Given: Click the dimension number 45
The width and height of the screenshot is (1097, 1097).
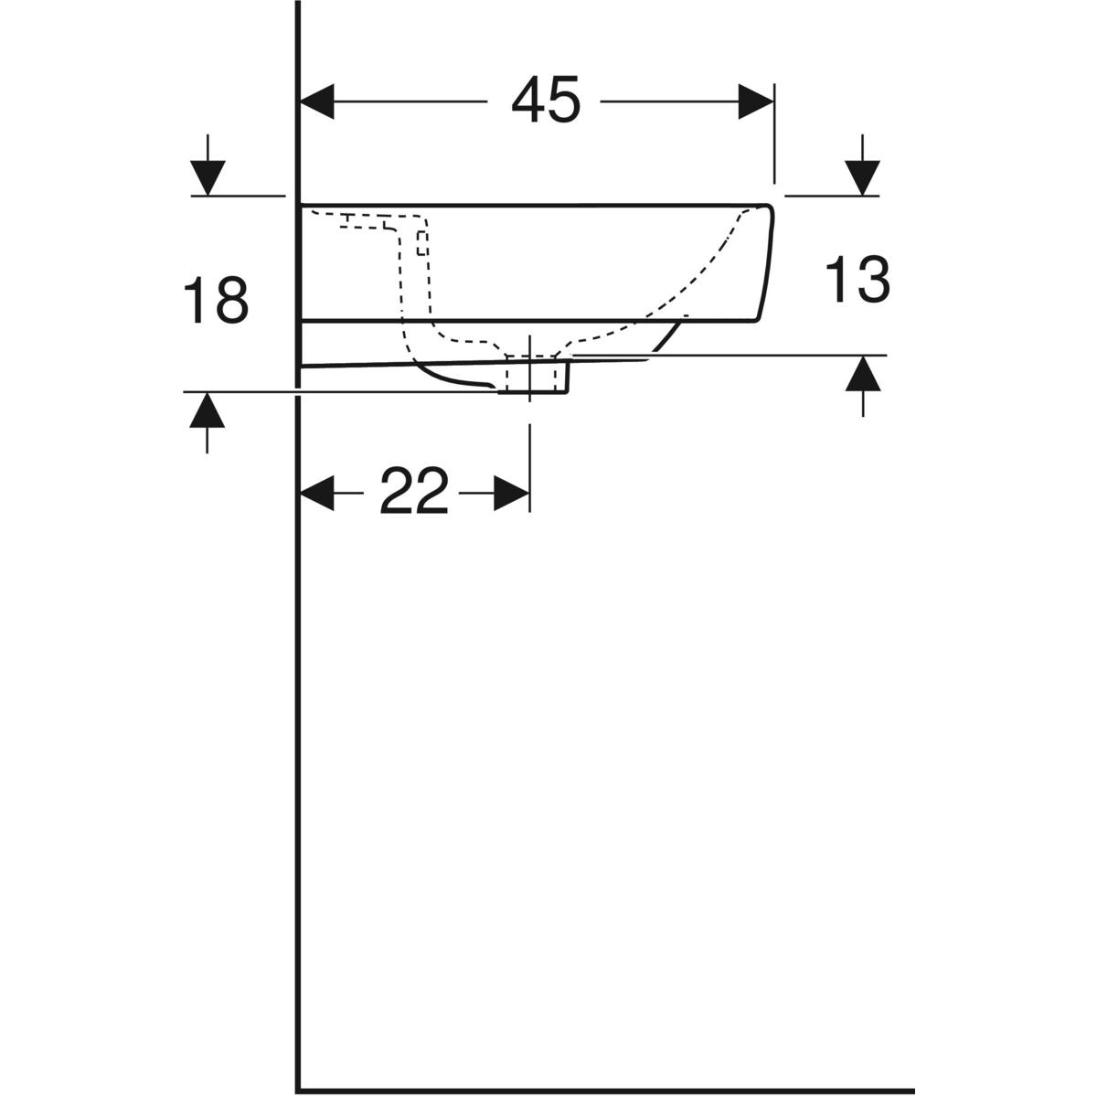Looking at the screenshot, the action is pyautogui.click(x=546, y=101).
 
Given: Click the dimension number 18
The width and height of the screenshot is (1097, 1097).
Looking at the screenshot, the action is pyautogui.click(x=216, y=300).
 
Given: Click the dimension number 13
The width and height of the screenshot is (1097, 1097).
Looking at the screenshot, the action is pyautogui.click(x=857, y=279).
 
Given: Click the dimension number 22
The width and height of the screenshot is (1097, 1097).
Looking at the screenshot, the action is pyautogui.click(x=414, y=491).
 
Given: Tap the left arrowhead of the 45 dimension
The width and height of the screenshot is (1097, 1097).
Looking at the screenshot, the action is pyautogui.click(x=317, y=101).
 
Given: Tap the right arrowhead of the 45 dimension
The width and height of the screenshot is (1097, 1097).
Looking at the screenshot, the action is pyautogui.click(x=756, y=101).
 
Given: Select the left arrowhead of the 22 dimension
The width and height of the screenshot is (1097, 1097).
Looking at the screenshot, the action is pyautogui.click(x=317, y=493).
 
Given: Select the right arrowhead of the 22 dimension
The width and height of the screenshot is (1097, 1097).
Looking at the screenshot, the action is pyautogui.click(x=511, y=493).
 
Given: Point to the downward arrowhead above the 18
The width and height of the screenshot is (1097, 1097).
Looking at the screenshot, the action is pyautogui.click(x=208, y=178).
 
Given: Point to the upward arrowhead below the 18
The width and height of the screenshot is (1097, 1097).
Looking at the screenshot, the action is pyautogui.click(x=208, y=410).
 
